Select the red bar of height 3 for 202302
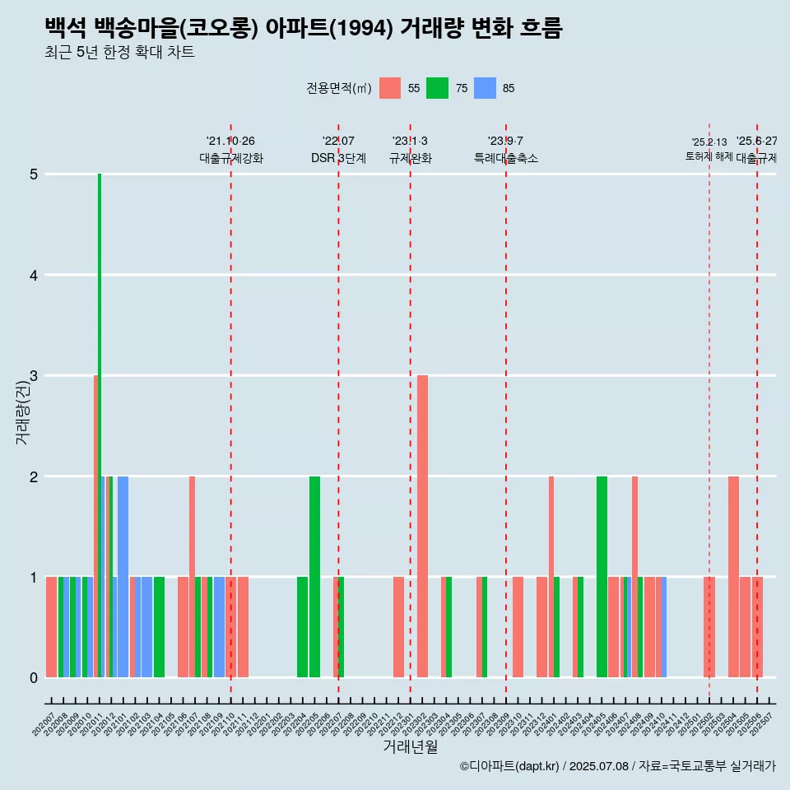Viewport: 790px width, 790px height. [x=422, y=527]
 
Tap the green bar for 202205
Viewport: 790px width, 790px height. [x=314, y=576]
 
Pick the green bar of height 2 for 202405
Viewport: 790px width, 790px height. [x=602, y=576]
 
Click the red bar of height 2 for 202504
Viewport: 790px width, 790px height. [x=733, y=576]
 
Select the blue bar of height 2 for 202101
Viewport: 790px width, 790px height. [x=123, y=576]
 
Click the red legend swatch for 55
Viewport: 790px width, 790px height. [x=390, y=88]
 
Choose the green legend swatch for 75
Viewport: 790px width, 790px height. [x=437, y=88]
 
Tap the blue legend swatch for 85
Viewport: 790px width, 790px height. [x=486, y=88]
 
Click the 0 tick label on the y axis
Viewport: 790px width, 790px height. [x=34, y=677]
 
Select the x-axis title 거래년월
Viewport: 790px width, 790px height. [x=410, y=746]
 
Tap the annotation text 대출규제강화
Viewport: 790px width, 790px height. [x=231, y=158]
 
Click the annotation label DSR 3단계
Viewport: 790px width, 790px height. [x=338, y=158]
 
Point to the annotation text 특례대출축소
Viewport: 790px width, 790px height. [x=505, y=158]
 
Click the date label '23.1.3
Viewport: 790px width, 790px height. [x=410, y=142]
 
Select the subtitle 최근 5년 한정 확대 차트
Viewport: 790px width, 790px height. [x=120, y=53]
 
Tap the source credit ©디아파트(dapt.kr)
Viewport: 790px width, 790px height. [x=510, y=766]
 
